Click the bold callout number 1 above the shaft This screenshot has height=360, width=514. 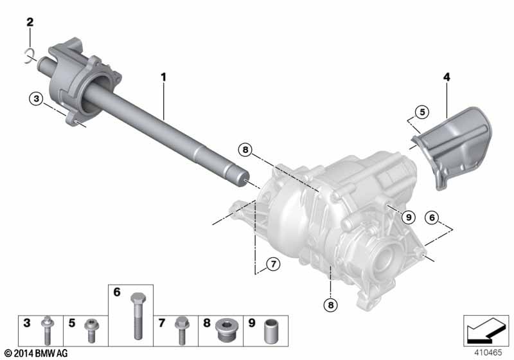(x=163, y=77)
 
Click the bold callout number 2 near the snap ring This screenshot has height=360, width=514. (x=30, y=22)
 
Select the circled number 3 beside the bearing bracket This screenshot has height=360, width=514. (x=36, y=98)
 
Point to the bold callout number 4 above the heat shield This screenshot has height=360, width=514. (x=447, y=77)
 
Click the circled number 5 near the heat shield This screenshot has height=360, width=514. (x=422, y=112)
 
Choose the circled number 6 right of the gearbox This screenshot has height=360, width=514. (x=432, y=217)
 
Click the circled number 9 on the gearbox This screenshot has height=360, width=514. (x=409, y=217)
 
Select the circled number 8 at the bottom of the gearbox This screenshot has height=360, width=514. (x=330, y=305)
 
